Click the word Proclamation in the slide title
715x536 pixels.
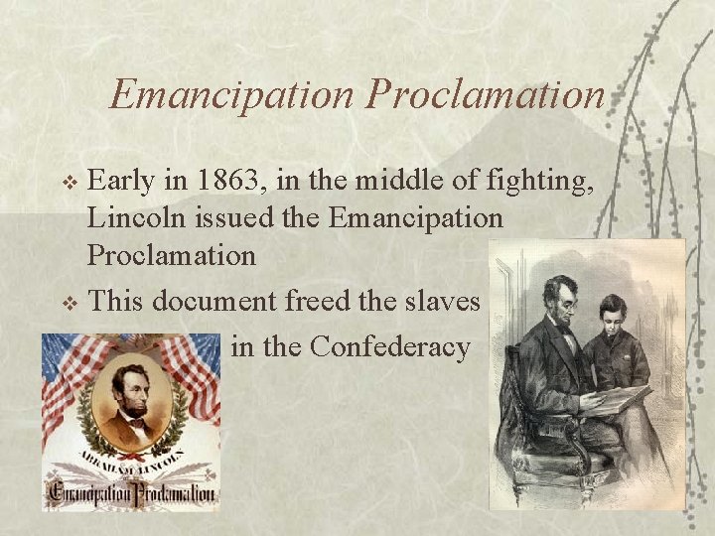point(485,94)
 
